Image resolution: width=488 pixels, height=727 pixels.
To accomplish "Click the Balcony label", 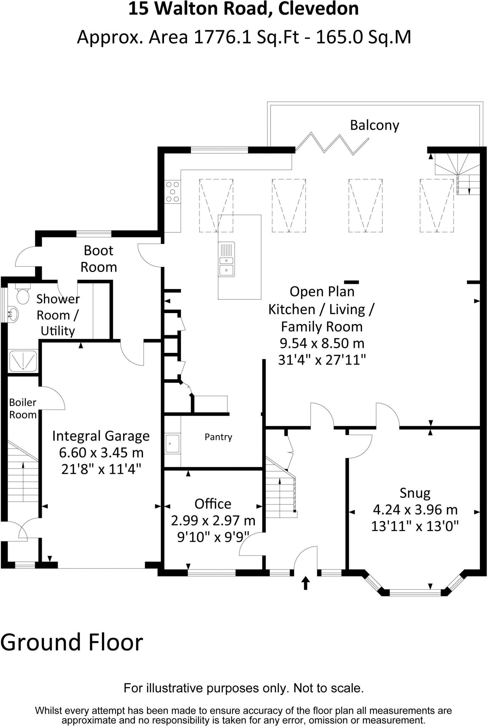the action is (x=374, y=125).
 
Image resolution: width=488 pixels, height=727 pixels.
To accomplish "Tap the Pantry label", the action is (x=218, y=437).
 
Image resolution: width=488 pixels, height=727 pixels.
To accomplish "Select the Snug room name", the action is (x=415, y=493).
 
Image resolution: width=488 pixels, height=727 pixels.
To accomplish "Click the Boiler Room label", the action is (x=23, y=409).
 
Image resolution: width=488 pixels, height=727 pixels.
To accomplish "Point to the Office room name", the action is (x=213, y=504).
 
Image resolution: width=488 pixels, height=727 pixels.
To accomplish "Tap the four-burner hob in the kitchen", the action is (x=172, y=192).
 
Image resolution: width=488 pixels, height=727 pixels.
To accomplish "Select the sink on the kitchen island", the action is (x=226, y=259).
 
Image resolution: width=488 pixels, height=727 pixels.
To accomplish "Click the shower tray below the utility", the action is (x=23, y=361).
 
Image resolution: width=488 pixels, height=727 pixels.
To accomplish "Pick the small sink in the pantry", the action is (x=172, y=443).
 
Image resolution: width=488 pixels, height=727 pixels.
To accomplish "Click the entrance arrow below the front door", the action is (x=306, y=583).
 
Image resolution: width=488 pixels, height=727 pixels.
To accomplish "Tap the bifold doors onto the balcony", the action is (x=332, y=143).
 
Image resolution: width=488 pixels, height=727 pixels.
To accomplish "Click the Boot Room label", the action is (x=99, y=259).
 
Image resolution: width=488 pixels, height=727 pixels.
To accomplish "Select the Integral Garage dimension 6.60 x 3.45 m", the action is (x=101, y=453).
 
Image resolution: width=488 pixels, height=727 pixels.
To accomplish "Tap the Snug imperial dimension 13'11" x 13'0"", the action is (x=415, y=526).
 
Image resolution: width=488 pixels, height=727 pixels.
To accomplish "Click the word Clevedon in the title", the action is (x=318, y=9).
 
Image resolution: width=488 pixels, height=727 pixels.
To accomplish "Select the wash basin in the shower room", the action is (x=13, y=314).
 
